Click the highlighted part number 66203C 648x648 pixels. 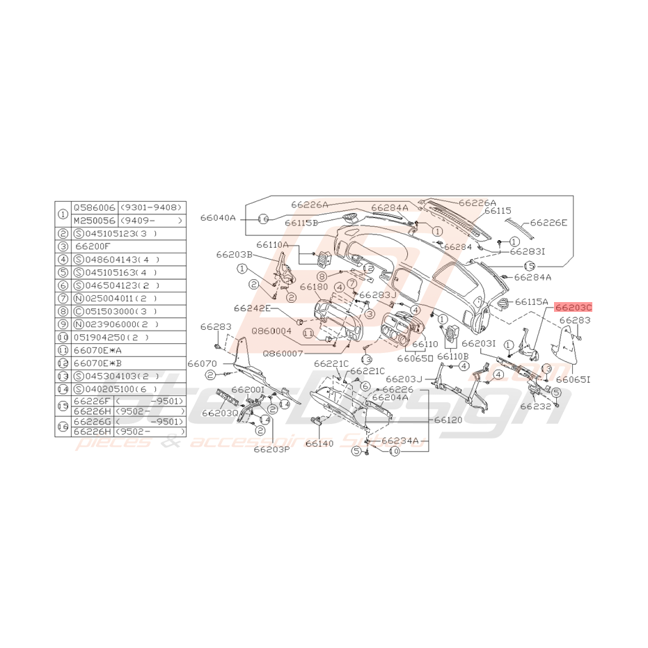coord(574,307)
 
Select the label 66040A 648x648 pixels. coord(219,218)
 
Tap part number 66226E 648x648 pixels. coord(548,223)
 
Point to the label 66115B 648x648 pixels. coord(301,223)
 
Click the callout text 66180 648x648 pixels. coord(314,287)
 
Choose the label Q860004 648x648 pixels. coord(272,331)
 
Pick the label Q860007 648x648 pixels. coord(283,354)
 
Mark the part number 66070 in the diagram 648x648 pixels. coord(202,363)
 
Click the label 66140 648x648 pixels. coord(319,443)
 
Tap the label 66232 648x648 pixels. coord(535,406)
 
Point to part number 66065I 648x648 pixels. coord(574,379)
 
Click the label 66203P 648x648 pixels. coord(271,449)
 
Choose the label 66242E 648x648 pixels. coord(251,308)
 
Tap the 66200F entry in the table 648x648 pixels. coord(93,246)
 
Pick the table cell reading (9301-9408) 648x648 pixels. coord(151,207)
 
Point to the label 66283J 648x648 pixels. coord(379,294)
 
